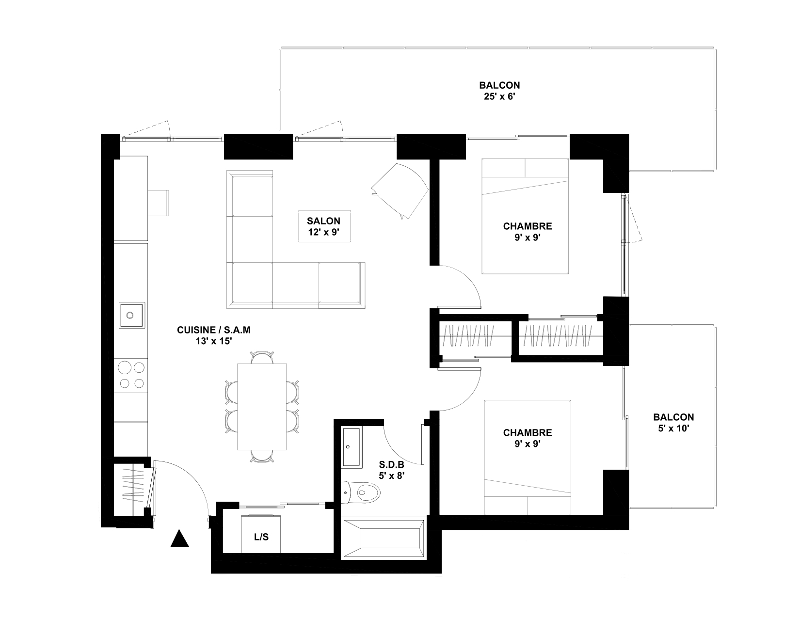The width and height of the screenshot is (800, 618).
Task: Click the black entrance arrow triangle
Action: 180,539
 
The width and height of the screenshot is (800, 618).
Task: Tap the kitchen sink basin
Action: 132,315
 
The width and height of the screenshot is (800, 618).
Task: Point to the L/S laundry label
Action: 261,537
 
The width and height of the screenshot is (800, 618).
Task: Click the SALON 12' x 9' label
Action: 323,226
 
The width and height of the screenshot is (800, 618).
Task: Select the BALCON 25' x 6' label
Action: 499,91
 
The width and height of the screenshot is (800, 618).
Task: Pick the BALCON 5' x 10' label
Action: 674,423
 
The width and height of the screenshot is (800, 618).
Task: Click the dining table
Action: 262,407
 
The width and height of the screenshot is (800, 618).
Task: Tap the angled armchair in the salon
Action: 400,191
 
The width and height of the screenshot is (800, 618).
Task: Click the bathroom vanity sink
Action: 351,447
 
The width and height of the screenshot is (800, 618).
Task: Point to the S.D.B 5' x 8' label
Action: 392,470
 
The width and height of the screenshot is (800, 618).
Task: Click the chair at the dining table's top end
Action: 262,357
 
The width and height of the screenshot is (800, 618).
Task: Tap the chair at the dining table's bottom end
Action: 262,456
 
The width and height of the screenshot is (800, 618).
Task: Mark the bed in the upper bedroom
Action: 526,216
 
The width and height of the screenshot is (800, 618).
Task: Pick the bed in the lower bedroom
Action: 528,457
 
